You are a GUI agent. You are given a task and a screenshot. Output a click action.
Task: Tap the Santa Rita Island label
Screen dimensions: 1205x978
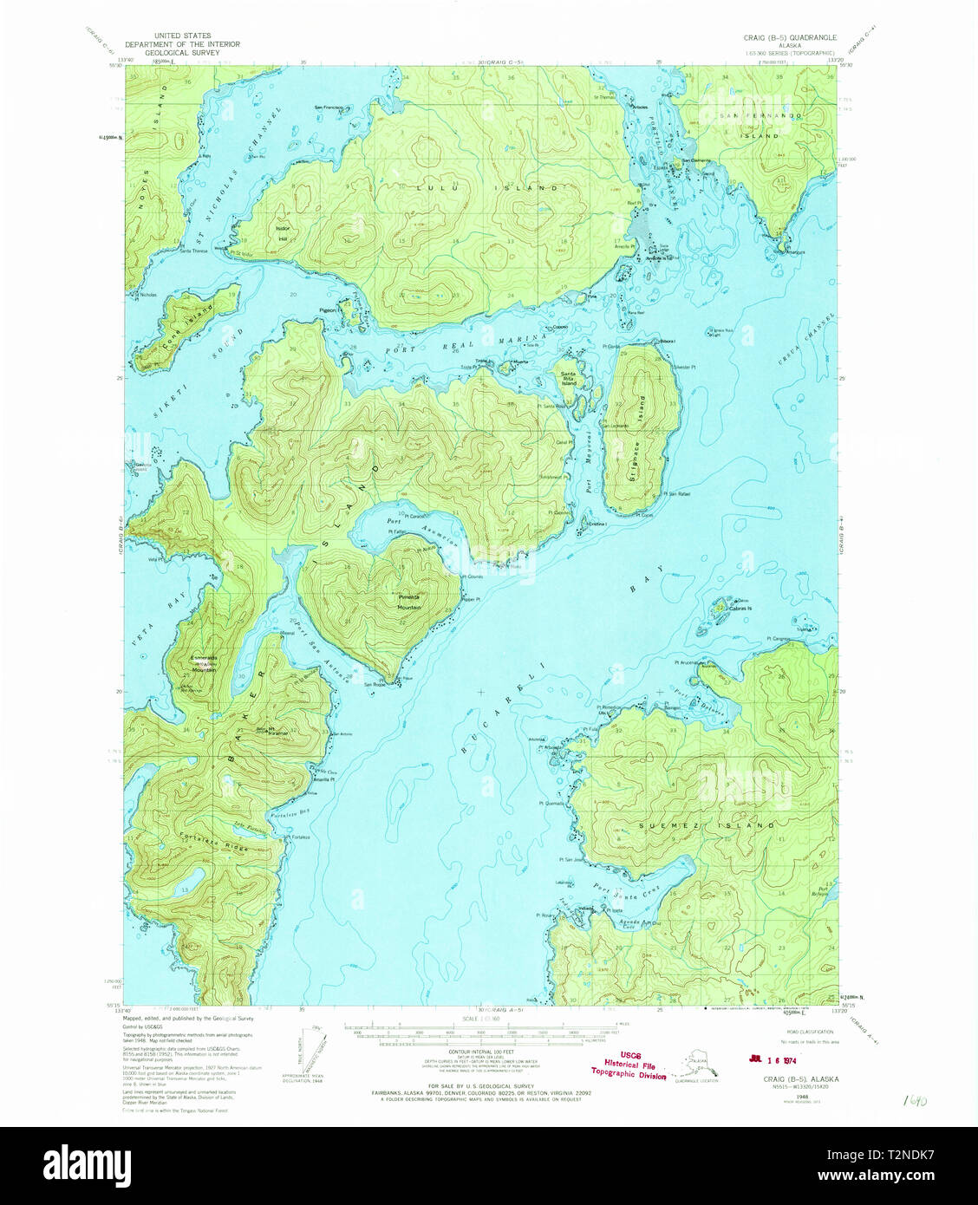tap(569, 378)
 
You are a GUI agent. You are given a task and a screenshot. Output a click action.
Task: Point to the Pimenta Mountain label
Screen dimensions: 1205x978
tap(408, 602)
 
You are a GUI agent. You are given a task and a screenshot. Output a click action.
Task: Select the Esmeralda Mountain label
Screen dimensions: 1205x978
tap(204, 663)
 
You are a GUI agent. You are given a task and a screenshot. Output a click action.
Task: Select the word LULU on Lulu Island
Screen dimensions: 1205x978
tap(431, 186)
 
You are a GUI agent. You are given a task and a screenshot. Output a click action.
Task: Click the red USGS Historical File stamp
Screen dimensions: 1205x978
tap(629, 1065)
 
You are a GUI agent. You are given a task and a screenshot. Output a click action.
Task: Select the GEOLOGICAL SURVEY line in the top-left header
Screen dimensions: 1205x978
tap(182, 52)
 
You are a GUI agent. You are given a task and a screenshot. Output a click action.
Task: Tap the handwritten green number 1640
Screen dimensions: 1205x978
tap(915, 1100)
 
